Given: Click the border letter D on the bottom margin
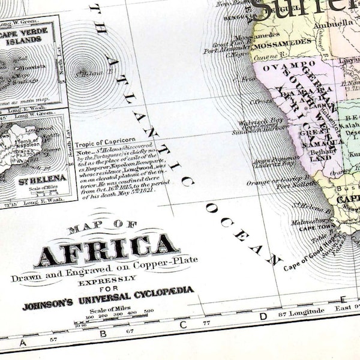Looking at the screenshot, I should tap(262, 316).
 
